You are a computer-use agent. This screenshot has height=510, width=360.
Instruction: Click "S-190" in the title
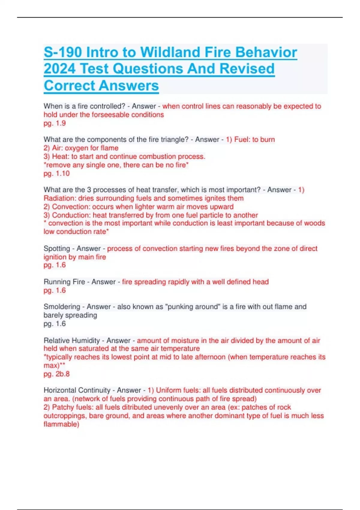coord(63,52)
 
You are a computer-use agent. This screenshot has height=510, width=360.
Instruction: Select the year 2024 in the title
coord(60,69)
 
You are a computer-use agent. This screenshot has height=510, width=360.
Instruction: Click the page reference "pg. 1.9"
coord(55,123)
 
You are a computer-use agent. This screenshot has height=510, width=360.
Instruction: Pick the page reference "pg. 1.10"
coord(56,173)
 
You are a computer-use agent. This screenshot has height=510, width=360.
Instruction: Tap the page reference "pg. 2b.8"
coord(56,374)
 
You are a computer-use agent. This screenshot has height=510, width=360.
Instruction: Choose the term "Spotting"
coord(57,249)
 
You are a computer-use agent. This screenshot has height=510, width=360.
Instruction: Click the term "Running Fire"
coord(64,282)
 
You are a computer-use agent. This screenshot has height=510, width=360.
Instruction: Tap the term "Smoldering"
coord(62,307)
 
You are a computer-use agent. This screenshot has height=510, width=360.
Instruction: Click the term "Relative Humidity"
coord(72,340)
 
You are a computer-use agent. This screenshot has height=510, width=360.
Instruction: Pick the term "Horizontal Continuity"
coord(77,390)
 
